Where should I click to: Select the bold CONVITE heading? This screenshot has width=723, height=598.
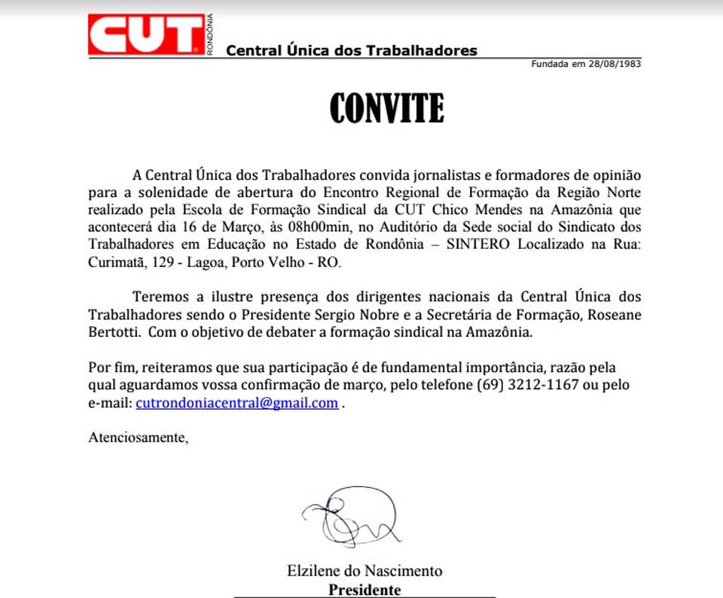387,109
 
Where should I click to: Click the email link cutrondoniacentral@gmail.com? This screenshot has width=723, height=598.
236,403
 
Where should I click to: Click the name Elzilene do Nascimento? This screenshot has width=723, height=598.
365,570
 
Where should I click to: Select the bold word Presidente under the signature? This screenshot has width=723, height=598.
365,590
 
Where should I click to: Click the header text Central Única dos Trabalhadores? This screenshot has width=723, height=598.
352,51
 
